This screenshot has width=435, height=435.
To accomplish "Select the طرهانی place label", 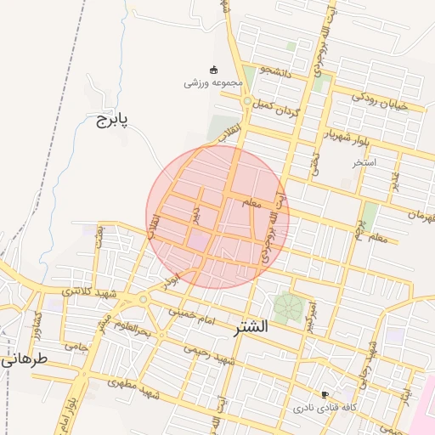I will pyautogui.click(x=21, y=359).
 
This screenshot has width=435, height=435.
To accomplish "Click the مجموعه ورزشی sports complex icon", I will pyautogui.click(x=213, y=70).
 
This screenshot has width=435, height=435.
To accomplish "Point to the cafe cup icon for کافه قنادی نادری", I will pyautogui.click(x=325, y=394).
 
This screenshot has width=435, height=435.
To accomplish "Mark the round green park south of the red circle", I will pyautogui.click(x=288, y=308).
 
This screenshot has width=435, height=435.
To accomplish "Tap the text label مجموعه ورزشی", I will pyautogui.click(x=214, y=83).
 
